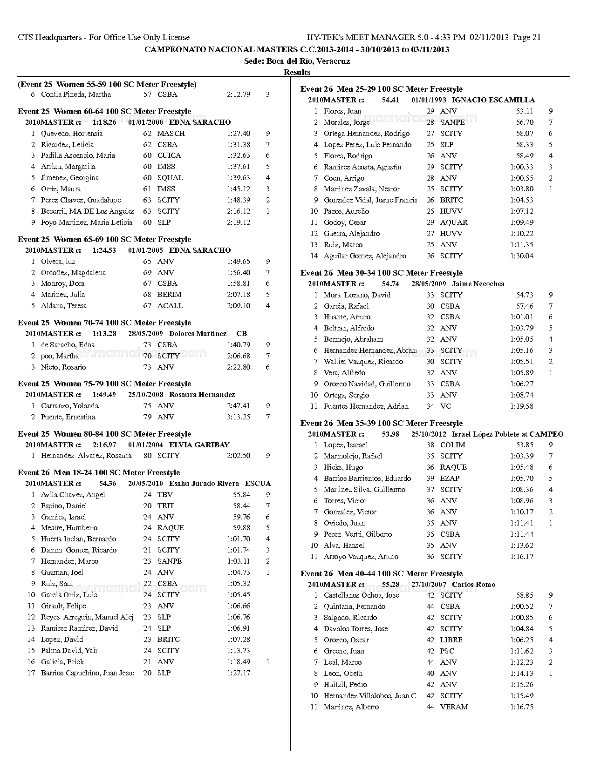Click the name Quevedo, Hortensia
pyautogui.click(x=71, y=134)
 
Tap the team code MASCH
pyautogui.click(x=171, y=134)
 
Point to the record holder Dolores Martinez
pyautogui.click(x=198, y=334)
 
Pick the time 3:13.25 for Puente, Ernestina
pyautogui.click(x=239, y=417)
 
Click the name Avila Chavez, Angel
pyautogui.click(x=73, y=495)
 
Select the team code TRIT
pyautogui.click(x=166, y=506)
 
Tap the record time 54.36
pyautogui.click(x=108, y=484)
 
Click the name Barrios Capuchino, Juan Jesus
pyautogui.click(x=87, y=673)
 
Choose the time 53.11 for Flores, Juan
pyautogui.click(x=525, y=111)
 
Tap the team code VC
pyautogui.click(x=445, y=406)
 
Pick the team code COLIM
pyautogui.click(x=452, y=445)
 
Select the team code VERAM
pyautogui.click(x=454, y=707)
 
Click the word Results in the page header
pyautogui.click(x=297, y=72)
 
